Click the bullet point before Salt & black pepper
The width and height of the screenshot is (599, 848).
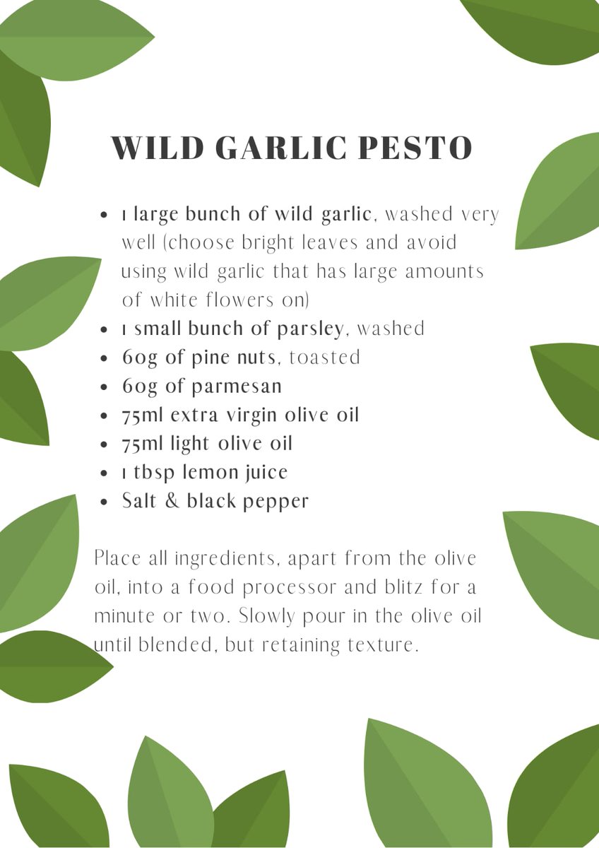[x=105, y=502]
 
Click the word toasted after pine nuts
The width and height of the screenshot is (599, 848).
[x=325, y=358]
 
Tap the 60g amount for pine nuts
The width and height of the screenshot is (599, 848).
[x=140, y=358]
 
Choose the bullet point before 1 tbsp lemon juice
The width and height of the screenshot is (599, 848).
[x=105, y=473]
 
